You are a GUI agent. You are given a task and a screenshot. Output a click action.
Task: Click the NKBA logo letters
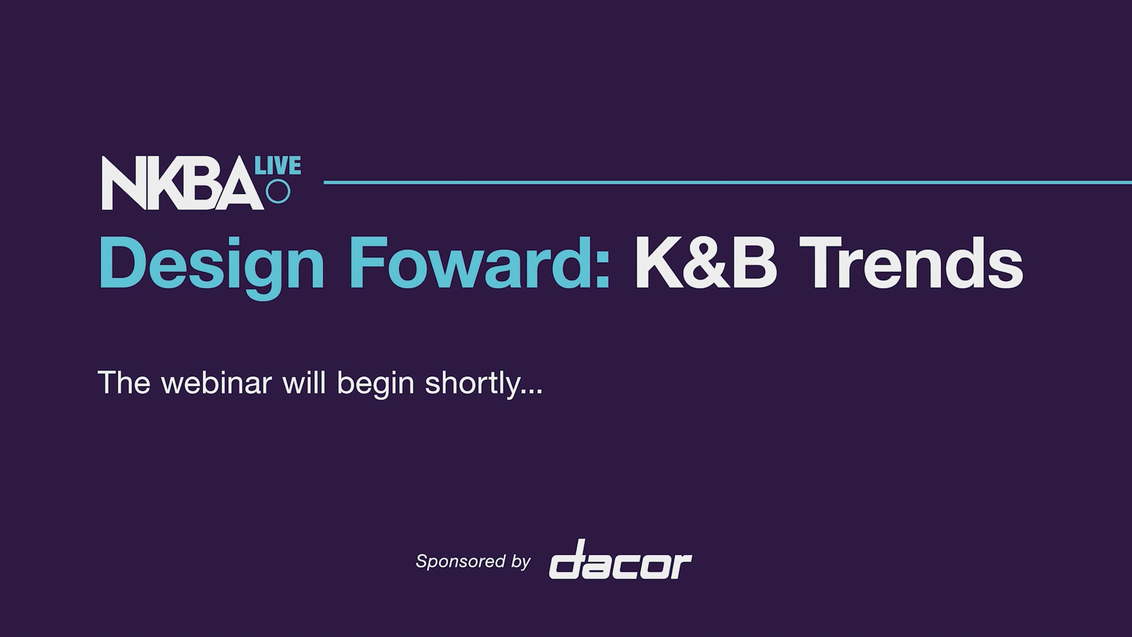[183, 183]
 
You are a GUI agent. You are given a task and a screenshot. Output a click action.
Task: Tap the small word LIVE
[278, 166]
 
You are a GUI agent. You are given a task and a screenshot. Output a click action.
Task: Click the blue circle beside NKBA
[278, 192]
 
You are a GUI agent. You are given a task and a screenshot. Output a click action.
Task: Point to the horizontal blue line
[728, 182]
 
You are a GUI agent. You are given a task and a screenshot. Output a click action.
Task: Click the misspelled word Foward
[472, 263]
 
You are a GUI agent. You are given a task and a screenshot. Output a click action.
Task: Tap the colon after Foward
[602, 271]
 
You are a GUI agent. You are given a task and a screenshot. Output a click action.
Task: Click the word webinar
[216, 383]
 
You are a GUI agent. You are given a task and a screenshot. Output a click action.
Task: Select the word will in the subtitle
[304, 383]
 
